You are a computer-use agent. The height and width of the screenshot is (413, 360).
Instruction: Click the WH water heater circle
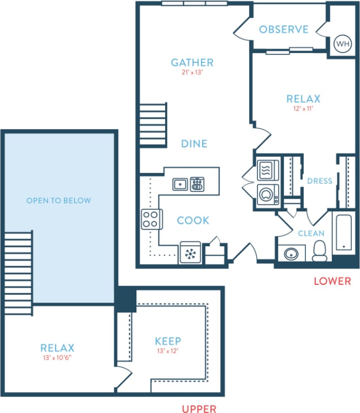[x=342, y=43]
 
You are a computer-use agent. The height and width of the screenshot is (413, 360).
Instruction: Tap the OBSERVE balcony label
[x=284, y=29]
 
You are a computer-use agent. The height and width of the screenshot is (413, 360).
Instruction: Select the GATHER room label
[x=192, y=62]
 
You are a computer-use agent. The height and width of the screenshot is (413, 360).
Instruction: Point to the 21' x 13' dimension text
[x=192, y=72]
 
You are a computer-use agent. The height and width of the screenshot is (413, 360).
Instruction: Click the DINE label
[x=194, y=144]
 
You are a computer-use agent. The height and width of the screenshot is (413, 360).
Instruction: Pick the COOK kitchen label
[x=193, y=220]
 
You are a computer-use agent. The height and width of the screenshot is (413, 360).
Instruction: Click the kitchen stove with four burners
[x=151, y=219]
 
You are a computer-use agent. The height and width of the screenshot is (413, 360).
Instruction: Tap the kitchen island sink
[x=179, y=184]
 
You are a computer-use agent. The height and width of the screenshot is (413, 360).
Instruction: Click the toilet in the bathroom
[x=319, y=251]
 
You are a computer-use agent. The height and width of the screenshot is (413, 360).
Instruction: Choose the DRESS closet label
[x=320, y=181]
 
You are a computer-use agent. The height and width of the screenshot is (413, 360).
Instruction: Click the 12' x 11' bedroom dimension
[x=303, y=109]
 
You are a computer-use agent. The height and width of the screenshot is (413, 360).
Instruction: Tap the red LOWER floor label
[x=332, y=281]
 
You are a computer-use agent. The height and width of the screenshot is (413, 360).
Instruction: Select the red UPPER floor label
[x=199, y=409]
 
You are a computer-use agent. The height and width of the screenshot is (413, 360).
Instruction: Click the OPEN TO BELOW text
[x=59, y=200]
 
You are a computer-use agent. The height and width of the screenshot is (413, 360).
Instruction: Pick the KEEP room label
[x=168, y=341]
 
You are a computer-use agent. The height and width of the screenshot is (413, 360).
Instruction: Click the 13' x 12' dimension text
[x=168, y=351]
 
